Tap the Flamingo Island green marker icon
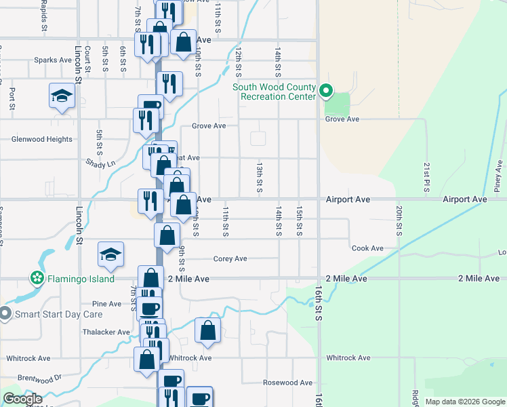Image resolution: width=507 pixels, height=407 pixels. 37,279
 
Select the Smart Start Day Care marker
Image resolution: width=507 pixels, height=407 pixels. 5,314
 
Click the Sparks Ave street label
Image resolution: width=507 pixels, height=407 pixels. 53,60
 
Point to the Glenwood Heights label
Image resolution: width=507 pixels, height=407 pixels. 41,139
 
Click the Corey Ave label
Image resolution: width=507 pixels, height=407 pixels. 230,258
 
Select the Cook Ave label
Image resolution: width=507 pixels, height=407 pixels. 367,248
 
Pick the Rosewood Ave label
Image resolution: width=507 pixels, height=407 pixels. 287,383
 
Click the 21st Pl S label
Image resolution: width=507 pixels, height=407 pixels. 427,176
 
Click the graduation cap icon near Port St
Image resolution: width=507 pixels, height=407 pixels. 62,96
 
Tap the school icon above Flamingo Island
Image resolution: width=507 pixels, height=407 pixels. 111,254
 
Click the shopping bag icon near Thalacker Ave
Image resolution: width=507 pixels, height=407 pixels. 208,330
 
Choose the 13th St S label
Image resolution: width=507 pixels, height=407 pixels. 260,177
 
